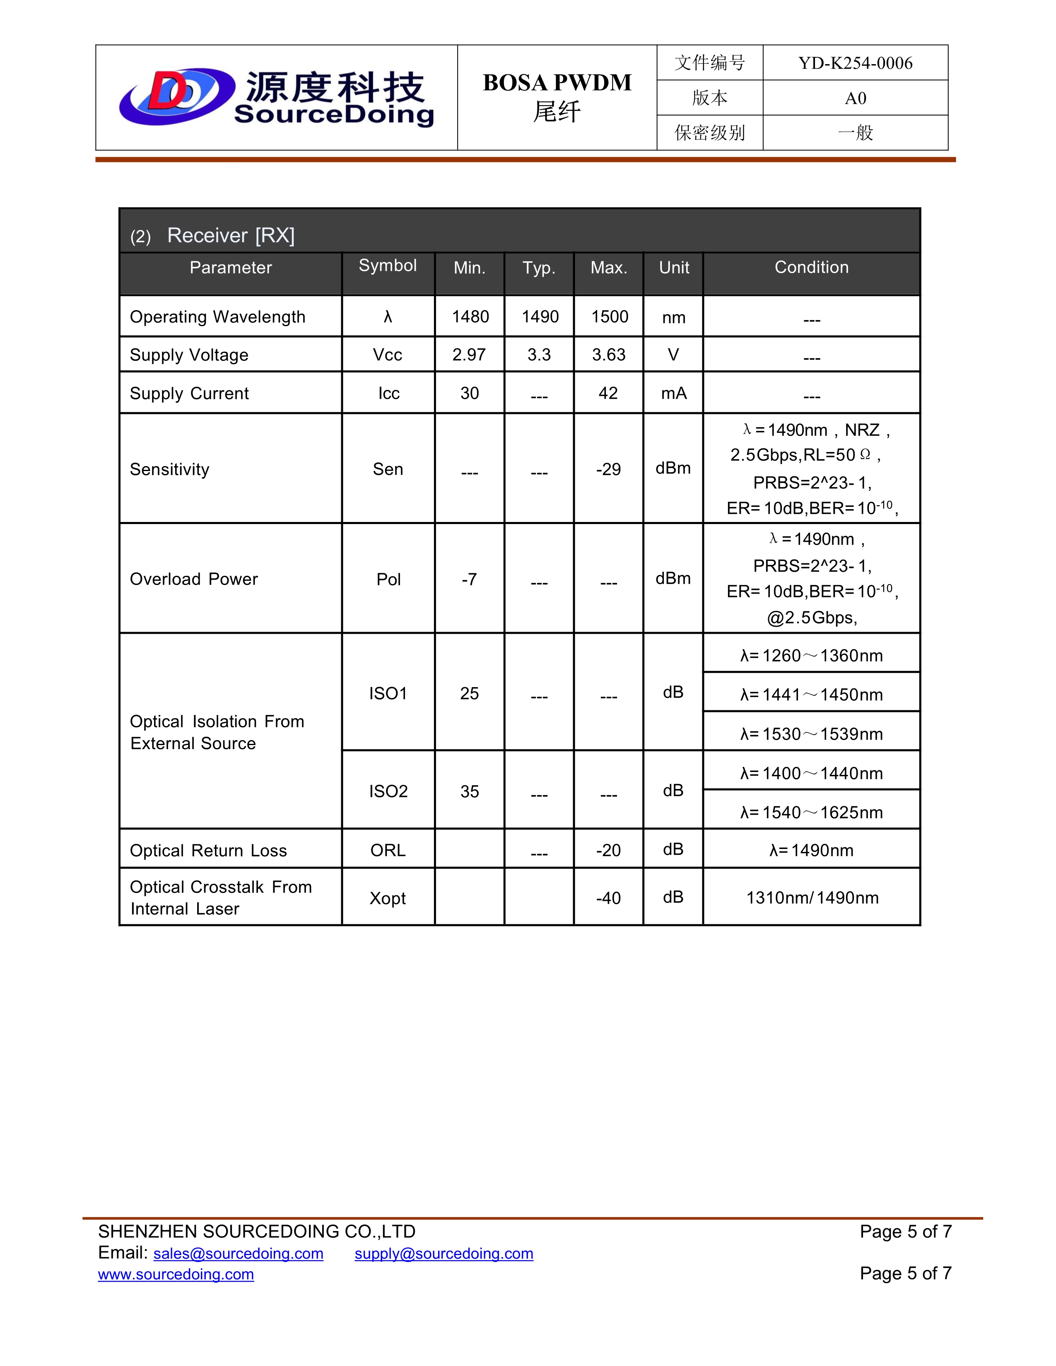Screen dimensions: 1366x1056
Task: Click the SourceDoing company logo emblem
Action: [x=177, y=97]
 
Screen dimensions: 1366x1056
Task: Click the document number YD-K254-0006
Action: [x=855, y=63]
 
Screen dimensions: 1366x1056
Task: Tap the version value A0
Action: [x=855, y=98]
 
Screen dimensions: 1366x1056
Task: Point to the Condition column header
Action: [x=811, y=268]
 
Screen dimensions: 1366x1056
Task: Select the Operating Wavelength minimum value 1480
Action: [x=470, y=317]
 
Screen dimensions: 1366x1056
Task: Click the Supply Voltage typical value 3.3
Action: [x=539, y=355]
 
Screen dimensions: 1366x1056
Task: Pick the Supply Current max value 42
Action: [x=608, y=393]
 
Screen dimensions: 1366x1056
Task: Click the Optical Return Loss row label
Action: [x=208, y=851]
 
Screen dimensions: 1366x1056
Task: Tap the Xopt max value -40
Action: [x=608, y=899]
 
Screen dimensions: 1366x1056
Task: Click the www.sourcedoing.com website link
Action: [x=176, y=1275]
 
